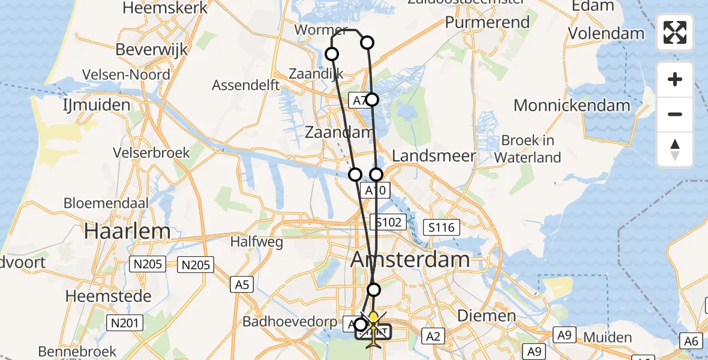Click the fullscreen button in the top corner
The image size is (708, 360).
coord(675,32)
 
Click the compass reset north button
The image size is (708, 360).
coord(675,149)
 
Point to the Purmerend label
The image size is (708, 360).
coord(487,23)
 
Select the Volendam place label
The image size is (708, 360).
coord(606,34)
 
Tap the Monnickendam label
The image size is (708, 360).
coord(572,106)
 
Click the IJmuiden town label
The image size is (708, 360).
coord(96,106)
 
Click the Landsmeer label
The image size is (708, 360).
coord(434,155)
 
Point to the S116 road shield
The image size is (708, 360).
coord(441,227)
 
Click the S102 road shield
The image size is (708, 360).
coord(388,222)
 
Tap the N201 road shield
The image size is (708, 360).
coord(124,323)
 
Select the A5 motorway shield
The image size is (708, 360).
coord(242,284)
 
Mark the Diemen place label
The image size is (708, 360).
coord(486,316)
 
